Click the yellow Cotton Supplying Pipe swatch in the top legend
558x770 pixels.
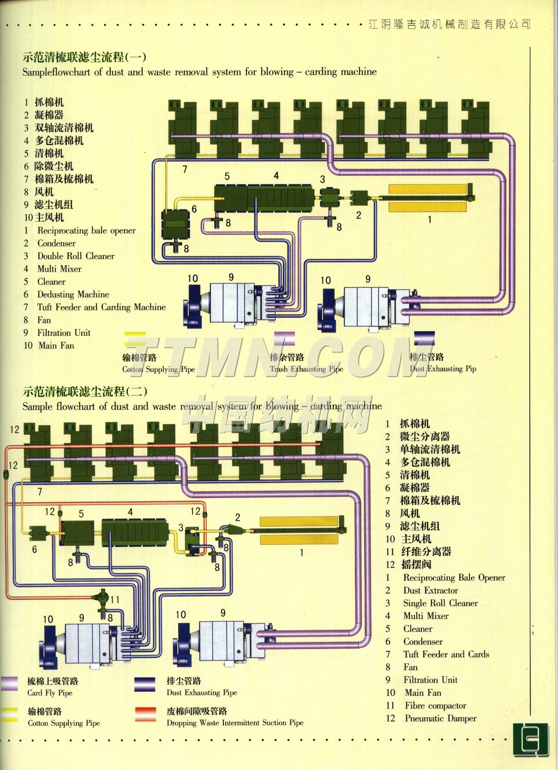tap(135, 339)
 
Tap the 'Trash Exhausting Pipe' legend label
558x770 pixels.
tap(306, 369)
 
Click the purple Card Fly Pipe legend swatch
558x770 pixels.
tap(9, 683)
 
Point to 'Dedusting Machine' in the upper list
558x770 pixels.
tap(73, 294)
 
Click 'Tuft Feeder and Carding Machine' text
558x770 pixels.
tap(101, 307)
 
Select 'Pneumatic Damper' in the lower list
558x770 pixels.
tap(440, 718)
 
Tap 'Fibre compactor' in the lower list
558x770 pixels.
tap(435, 705)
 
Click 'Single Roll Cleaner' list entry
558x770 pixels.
tap(440, 603)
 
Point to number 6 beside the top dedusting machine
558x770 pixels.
tap(194, 209)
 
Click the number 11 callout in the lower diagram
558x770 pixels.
tap(115, 600)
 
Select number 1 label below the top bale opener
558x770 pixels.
tap(429, 219)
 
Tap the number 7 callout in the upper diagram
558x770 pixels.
tap(185, 170)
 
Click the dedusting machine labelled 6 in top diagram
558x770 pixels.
tap(175, 225)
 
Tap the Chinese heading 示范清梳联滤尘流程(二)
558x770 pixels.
tap(85, 392)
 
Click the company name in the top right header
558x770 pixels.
tap(450, 24)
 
